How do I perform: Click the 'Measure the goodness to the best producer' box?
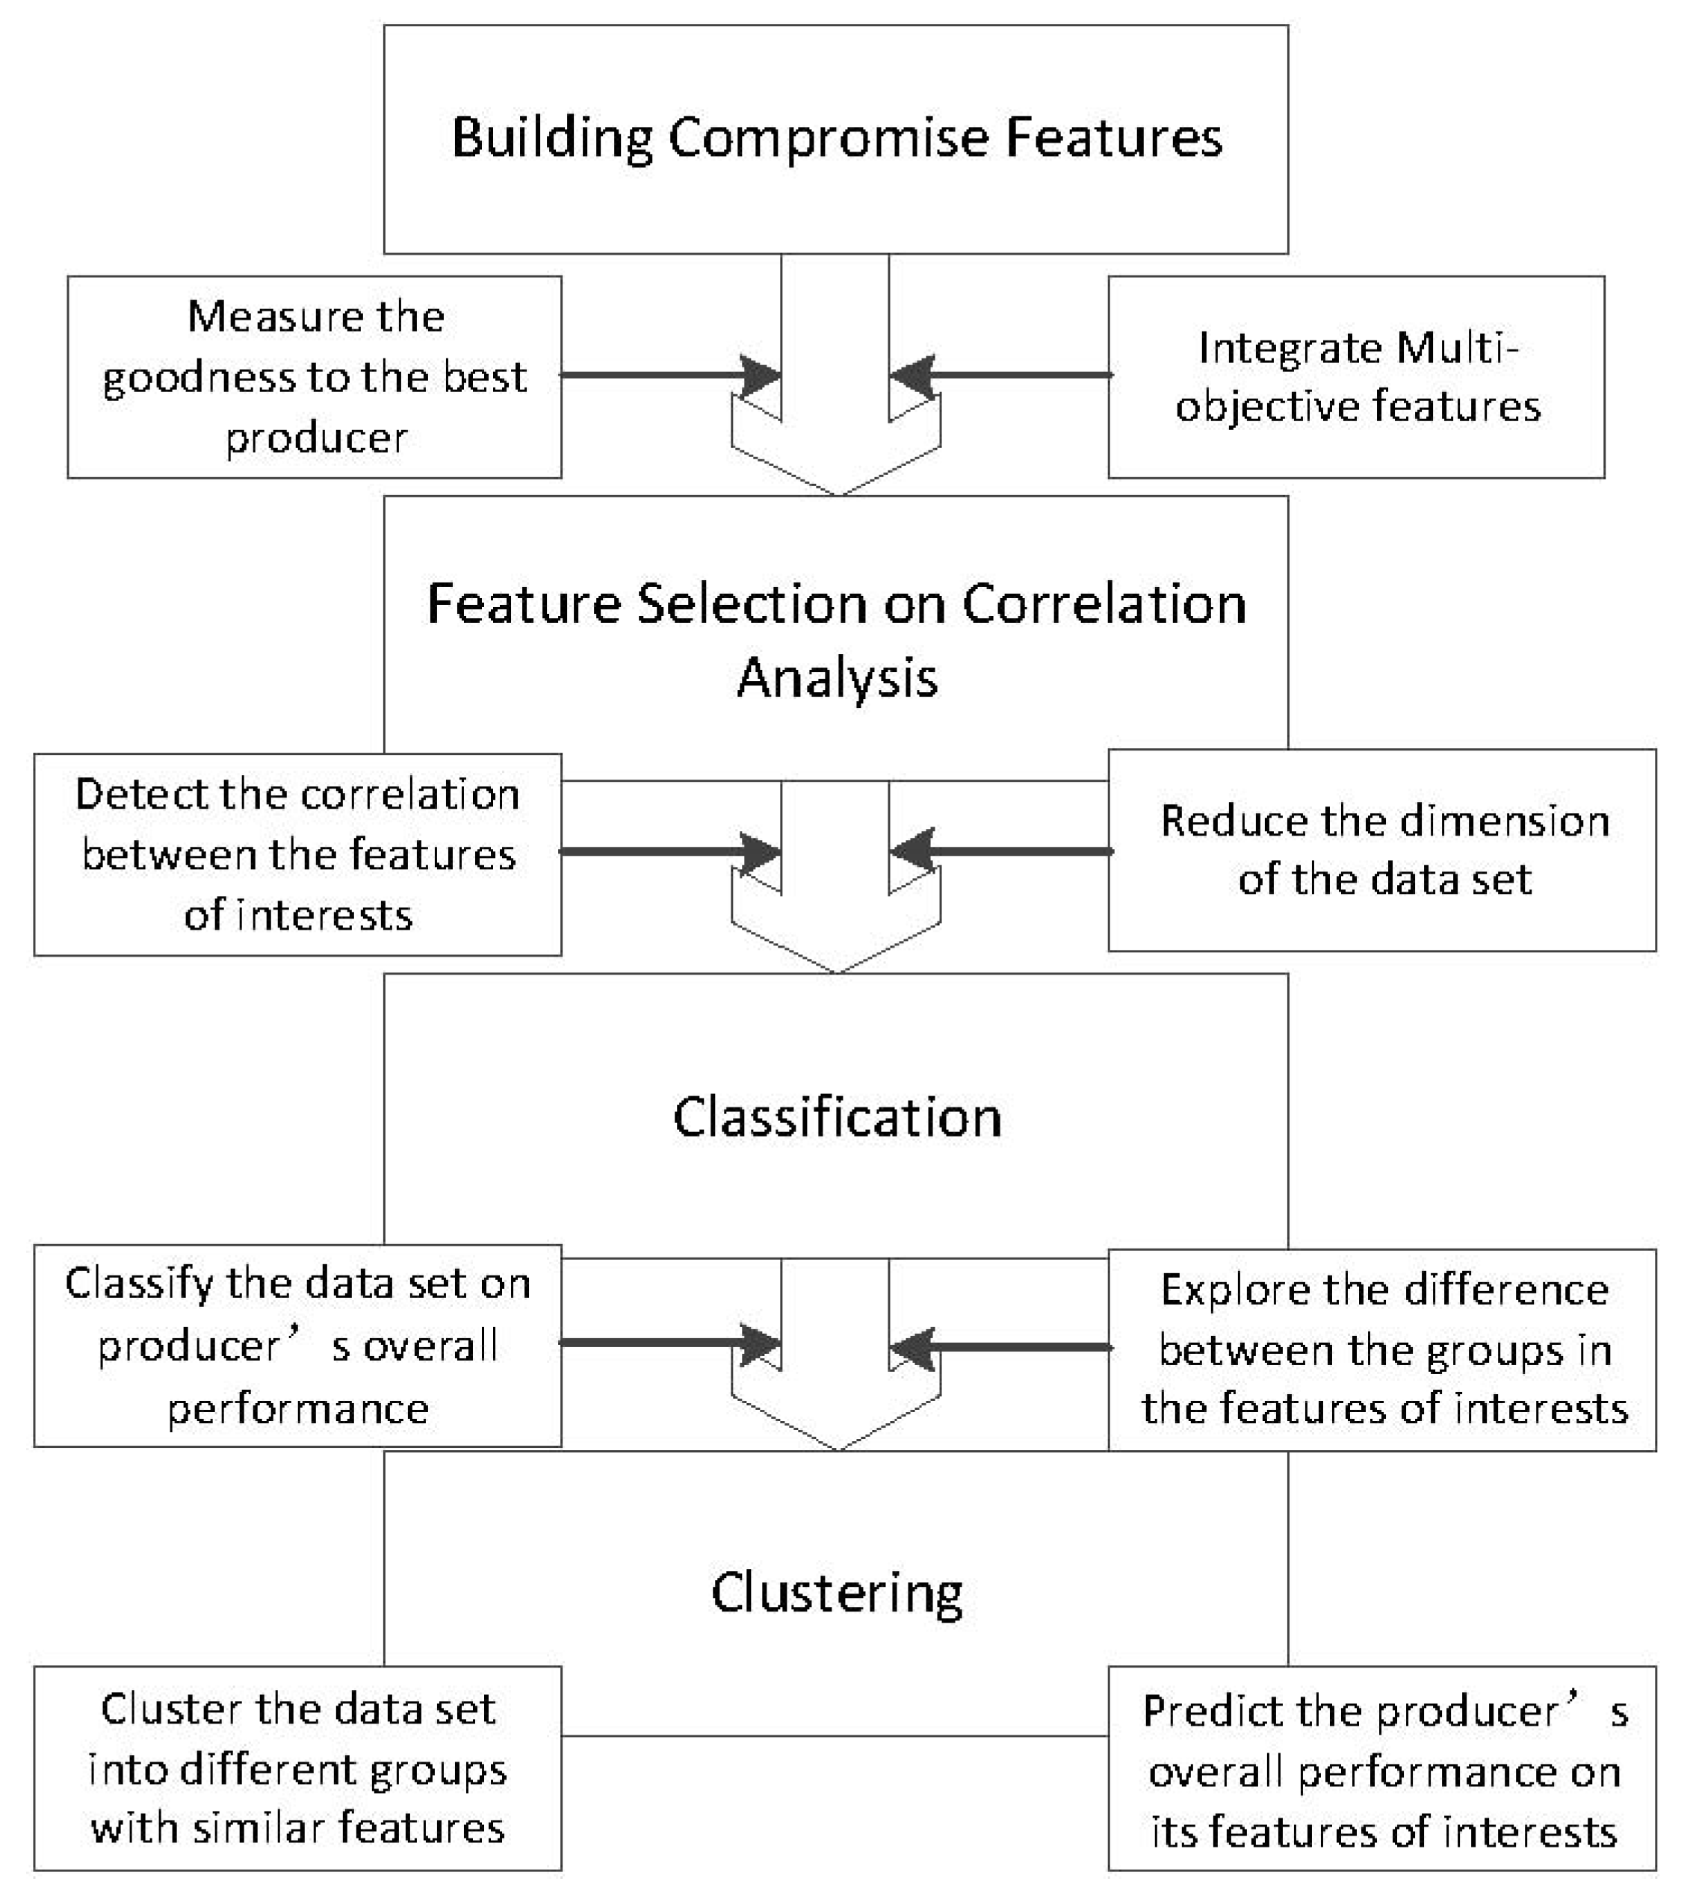(315, 376)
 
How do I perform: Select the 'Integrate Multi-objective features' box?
(1356, 376)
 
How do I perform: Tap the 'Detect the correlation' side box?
(297, 854)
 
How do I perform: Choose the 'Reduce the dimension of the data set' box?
(1382, 850)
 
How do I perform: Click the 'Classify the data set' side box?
(297, 1346)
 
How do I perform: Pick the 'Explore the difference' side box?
(1382, 1349)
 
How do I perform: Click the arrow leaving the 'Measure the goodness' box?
(669, 375)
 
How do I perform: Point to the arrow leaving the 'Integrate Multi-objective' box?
(1001, 375)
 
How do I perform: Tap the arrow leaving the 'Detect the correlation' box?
(669, 851)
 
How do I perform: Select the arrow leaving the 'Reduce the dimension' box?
(1001, 851)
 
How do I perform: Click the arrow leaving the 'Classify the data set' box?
(669, 1343)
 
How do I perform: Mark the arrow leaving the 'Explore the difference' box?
(1001, 1347)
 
